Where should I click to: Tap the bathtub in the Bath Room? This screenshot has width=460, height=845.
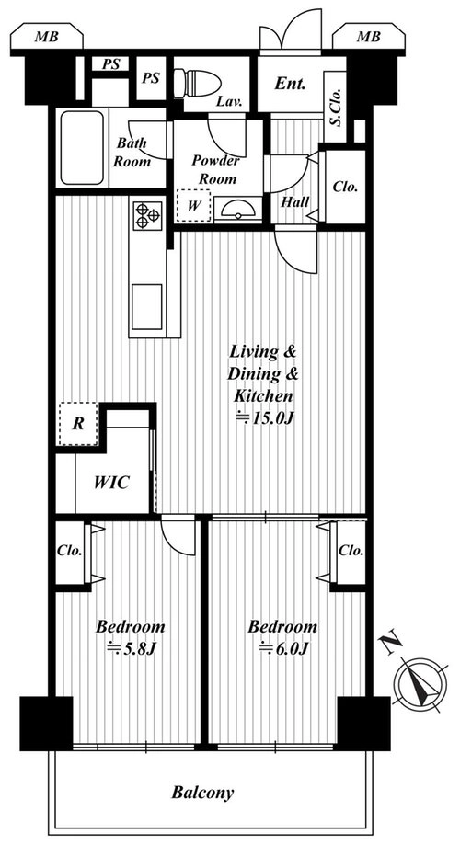pos(82,148)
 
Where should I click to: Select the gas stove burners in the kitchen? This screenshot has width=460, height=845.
pos(148,215)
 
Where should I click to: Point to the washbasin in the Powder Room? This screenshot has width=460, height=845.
pos(237,210)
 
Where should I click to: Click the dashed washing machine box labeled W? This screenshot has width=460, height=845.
pos(193,205)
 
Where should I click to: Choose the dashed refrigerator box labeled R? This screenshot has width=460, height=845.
pos(78,424)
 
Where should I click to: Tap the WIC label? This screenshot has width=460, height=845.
pos(111,482)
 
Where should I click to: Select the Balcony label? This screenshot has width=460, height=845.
pos(202,793)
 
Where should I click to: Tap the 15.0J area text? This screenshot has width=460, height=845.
pos(264,417)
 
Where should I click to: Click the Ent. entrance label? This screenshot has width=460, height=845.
pos(290,84)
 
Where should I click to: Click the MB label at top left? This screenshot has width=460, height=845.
pos(47,37)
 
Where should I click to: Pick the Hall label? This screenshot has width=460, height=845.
pos(295,202)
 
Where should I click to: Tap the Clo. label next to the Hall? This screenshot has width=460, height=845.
pos(345,187)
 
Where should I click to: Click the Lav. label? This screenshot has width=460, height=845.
pos(229,101)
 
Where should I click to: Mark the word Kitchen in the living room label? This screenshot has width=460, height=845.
pos(263,396)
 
